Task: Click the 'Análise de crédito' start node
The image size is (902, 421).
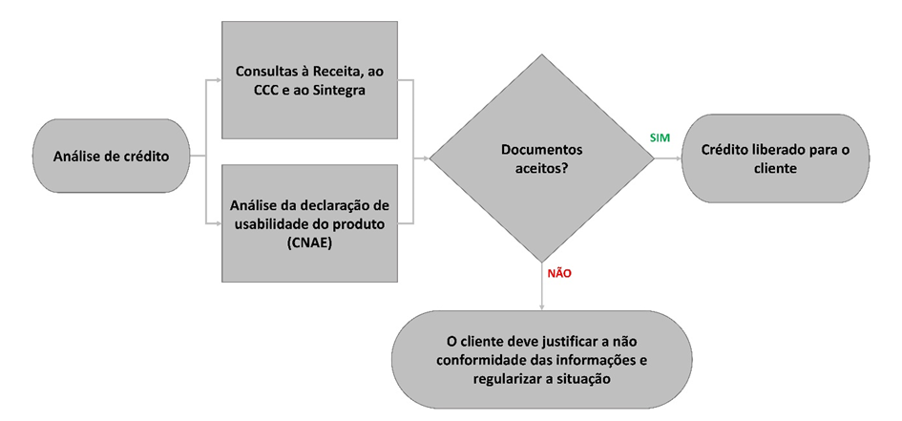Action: click(111, 157)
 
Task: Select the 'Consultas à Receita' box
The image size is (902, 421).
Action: click(309, 80)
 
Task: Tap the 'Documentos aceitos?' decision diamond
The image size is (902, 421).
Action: click(541, 158)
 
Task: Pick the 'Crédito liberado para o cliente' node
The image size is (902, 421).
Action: click(775, 158)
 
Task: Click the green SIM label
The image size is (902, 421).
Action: click(660, 138)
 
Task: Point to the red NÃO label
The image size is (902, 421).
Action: click(559, 273)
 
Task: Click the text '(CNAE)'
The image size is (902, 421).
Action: click(309, 242)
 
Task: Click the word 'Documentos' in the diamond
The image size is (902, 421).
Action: click(541, 150)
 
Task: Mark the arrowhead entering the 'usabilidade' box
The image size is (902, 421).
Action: click(218, 224)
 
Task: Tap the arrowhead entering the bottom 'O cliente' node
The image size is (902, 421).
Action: click(541, 306)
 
